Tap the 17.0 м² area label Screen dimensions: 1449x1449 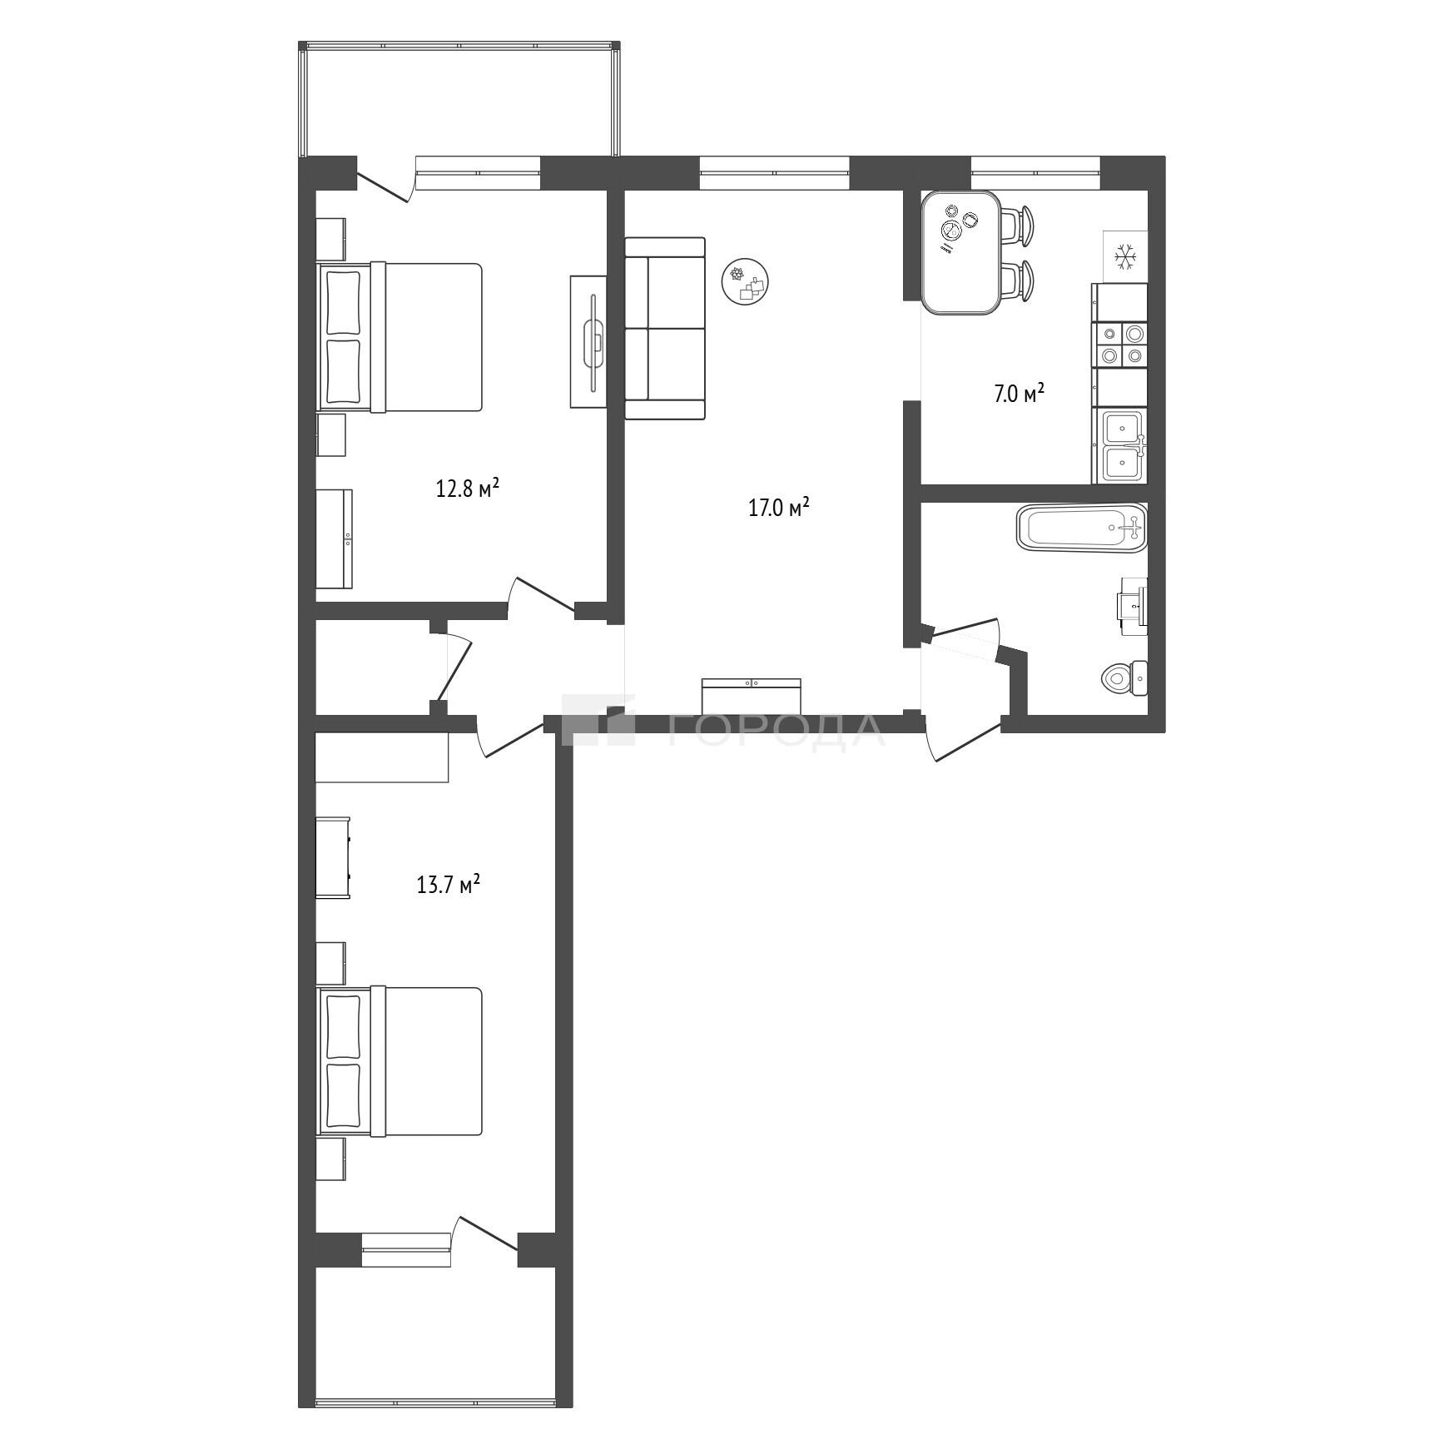[779, 507]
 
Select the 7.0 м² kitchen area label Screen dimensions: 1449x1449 [1019, 393]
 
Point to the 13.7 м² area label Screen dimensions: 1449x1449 [449, 883]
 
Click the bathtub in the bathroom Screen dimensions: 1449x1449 [1081, 528]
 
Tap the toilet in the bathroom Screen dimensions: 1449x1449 [1124, 678]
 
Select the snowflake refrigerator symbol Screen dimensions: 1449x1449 [1125, 256]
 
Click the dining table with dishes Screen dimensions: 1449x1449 [961, 252]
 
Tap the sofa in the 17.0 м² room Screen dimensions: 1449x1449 [665, 328]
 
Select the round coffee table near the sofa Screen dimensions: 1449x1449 [745, 281]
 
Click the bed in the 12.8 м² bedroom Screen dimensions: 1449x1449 [399, 337]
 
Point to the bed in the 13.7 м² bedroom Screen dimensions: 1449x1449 [399, 1061]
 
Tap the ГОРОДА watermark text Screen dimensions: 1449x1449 [777, 729]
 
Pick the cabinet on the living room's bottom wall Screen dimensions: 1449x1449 [752, 695]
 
